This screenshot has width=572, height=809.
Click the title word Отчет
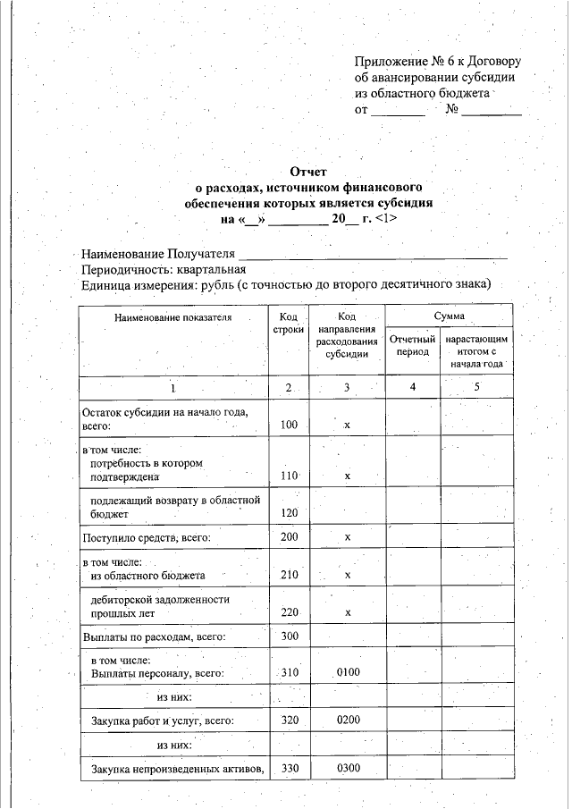coord(309,172)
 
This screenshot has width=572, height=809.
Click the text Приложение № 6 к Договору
coord(437,62)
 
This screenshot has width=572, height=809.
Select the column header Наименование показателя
coord(172,317)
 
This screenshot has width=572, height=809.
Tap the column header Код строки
coord(288,324)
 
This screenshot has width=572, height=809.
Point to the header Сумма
coord(449,317)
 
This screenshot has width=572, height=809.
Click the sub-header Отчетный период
coord(413,346)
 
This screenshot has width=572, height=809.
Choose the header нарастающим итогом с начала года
coord(477,352)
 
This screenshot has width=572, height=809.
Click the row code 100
coord(288,426)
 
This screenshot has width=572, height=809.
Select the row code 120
coord(288,513)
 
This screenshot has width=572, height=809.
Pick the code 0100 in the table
coord(348,672)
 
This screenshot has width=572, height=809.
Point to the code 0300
coord(348,768)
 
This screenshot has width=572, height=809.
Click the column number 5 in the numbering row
coord(477,388)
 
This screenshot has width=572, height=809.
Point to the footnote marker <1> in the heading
coord(387,217)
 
